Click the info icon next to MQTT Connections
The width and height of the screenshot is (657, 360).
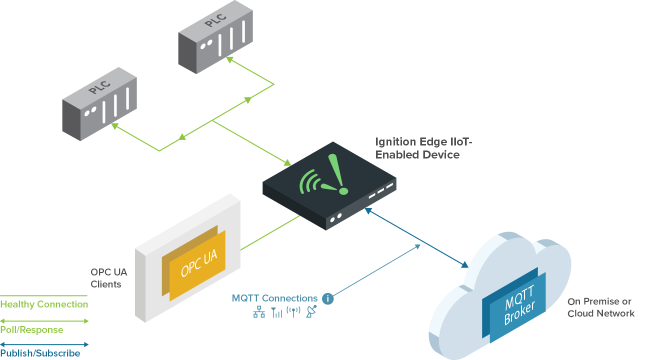[x=328, y=299]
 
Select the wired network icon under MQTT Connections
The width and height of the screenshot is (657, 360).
[x=259, y=312]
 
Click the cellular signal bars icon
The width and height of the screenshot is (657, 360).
[x=276, y=312]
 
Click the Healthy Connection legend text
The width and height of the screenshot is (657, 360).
[x=44, y=304]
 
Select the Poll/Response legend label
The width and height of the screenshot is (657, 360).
[x=31, y=329]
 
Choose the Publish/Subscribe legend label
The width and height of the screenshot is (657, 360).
[x=40, y=353]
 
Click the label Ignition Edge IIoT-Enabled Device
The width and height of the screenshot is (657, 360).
[x=422, y=148]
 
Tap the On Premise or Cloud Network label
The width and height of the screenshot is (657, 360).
[x=600, y=307]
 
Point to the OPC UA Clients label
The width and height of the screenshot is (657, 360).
[x=108, y=278]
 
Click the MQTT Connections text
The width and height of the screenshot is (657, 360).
[x=274, y=298]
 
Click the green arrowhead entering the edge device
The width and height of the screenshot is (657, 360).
[x=287, y=163]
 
